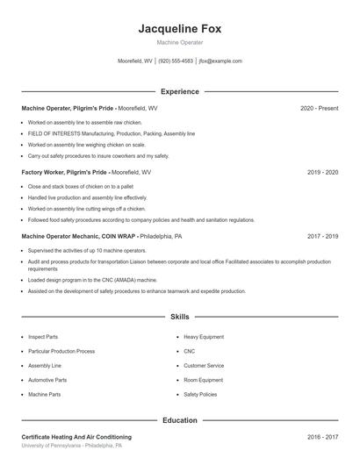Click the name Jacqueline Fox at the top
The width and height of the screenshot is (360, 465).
coord(179,29)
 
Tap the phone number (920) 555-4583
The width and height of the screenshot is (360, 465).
coord(176,61)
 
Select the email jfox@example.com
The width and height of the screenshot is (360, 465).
coord(220,61)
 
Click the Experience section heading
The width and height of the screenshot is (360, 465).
coord(179,91)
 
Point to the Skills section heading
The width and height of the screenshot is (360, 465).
coord(179,316)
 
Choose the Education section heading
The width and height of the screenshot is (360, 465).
coord(179,420)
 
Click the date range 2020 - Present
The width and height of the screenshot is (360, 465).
coord(319,108)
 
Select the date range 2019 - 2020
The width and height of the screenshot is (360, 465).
coord(322,173)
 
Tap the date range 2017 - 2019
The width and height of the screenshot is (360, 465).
coord(322,237)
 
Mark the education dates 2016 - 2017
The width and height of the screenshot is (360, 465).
coord(322,437)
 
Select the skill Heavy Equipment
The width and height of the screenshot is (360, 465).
coord(204,337)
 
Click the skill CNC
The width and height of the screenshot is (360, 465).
coord(190,351)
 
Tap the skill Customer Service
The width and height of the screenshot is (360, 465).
coord(204,366)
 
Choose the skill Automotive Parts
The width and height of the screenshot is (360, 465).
coord(47,380)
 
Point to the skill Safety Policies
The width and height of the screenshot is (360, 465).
coord(200,395)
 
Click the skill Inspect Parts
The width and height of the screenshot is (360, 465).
coord(43,337)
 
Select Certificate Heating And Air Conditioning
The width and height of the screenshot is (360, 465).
coord(76,437)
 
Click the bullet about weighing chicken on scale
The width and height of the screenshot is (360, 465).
coord(86,144)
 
